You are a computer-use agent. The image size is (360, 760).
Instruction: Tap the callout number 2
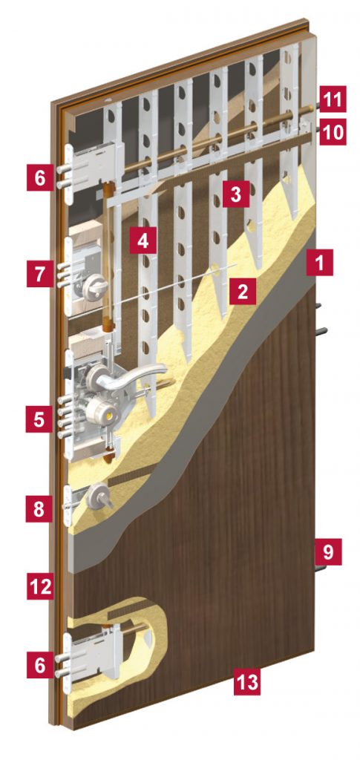[242, 291]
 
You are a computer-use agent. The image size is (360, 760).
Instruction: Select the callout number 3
[236, 194]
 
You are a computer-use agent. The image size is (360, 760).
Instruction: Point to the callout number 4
[143, 240]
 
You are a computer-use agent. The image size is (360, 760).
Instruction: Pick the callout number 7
[39, 274]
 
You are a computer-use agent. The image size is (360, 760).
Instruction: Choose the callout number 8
[39, 509]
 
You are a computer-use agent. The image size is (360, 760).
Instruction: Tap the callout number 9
[328, 551]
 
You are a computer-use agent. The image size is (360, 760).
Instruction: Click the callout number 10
[333, 132]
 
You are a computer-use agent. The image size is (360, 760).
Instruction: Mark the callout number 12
[39, 586]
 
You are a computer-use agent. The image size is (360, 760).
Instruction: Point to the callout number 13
[246, 682]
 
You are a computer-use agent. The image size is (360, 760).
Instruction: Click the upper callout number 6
[39, 177]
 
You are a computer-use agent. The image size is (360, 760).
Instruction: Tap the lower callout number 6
[39, 664]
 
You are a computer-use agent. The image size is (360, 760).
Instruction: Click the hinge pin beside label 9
[320, 568]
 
